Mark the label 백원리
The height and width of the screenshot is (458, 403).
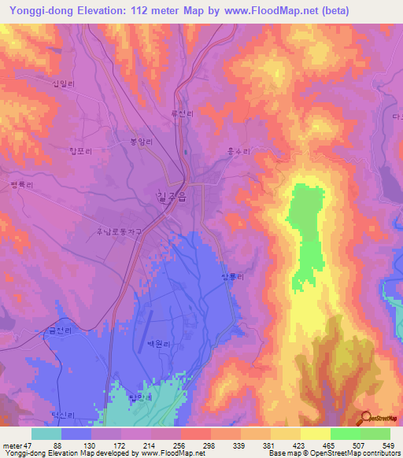tap(159, 344)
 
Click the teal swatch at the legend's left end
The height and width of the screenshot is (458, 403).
tap(46, 434)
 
